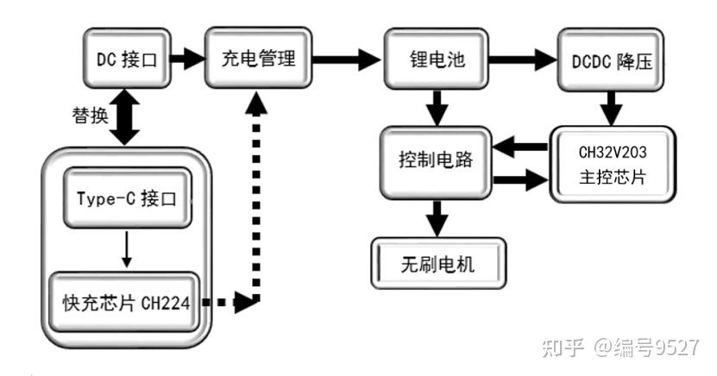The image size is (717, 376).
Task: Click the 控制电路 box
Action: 436,162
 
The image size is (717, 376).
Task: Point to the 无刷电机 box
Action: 437,264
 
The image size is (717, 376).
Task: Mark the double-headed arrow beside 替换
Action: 127,119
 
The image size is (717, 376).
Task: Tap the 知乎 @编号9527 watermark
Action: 619,347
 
